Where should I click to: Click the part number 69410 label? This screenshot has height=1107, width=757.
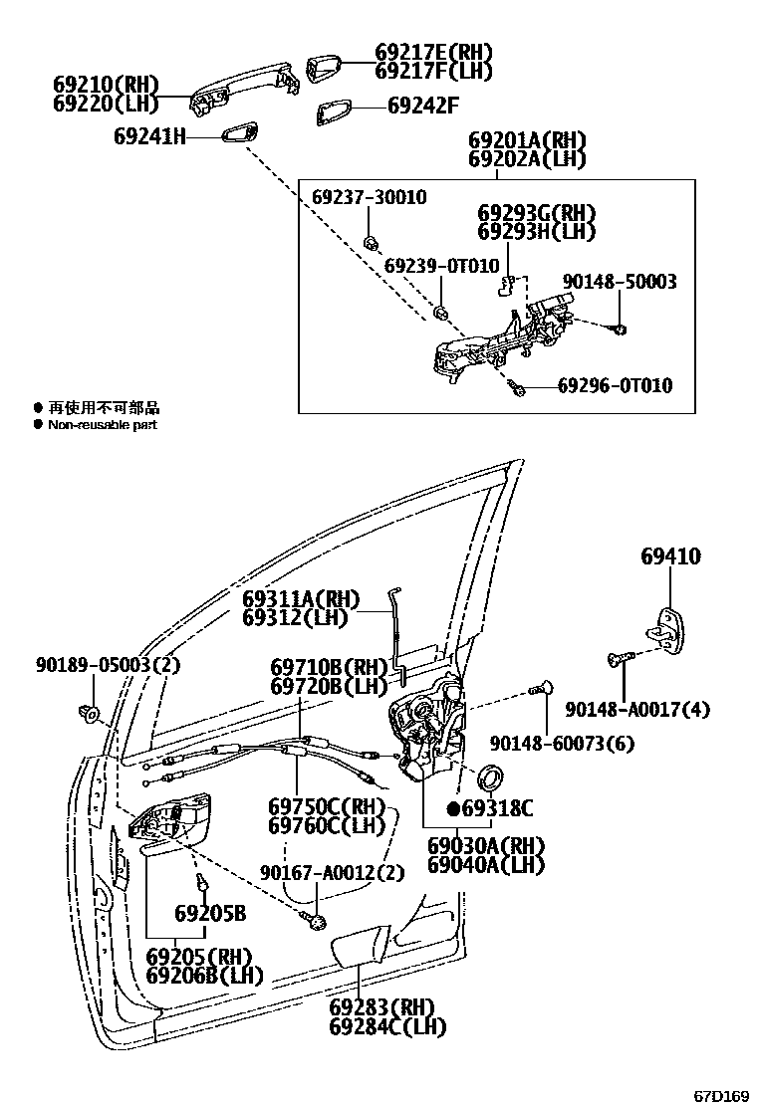(669, 556)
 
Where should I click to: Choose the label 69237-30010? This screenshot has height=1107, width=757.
(369, 197)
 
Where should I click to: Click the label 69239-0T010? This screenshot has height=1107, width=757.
(440, 266)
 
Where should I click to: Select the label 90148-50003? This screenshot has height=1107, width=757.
(618, 282)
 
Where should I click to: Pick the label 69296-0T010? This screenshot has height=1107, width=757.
(614, 385)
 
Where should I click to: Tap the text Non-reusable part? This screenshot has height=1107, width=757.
(103, 425)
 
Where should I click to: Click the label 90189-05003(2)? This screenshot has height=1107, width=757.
(95, 665)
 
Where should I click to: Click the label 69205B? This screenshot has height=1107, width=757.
(209, 913)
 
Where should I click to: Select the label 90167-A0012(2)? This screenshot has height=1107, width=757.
(333, 873)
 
